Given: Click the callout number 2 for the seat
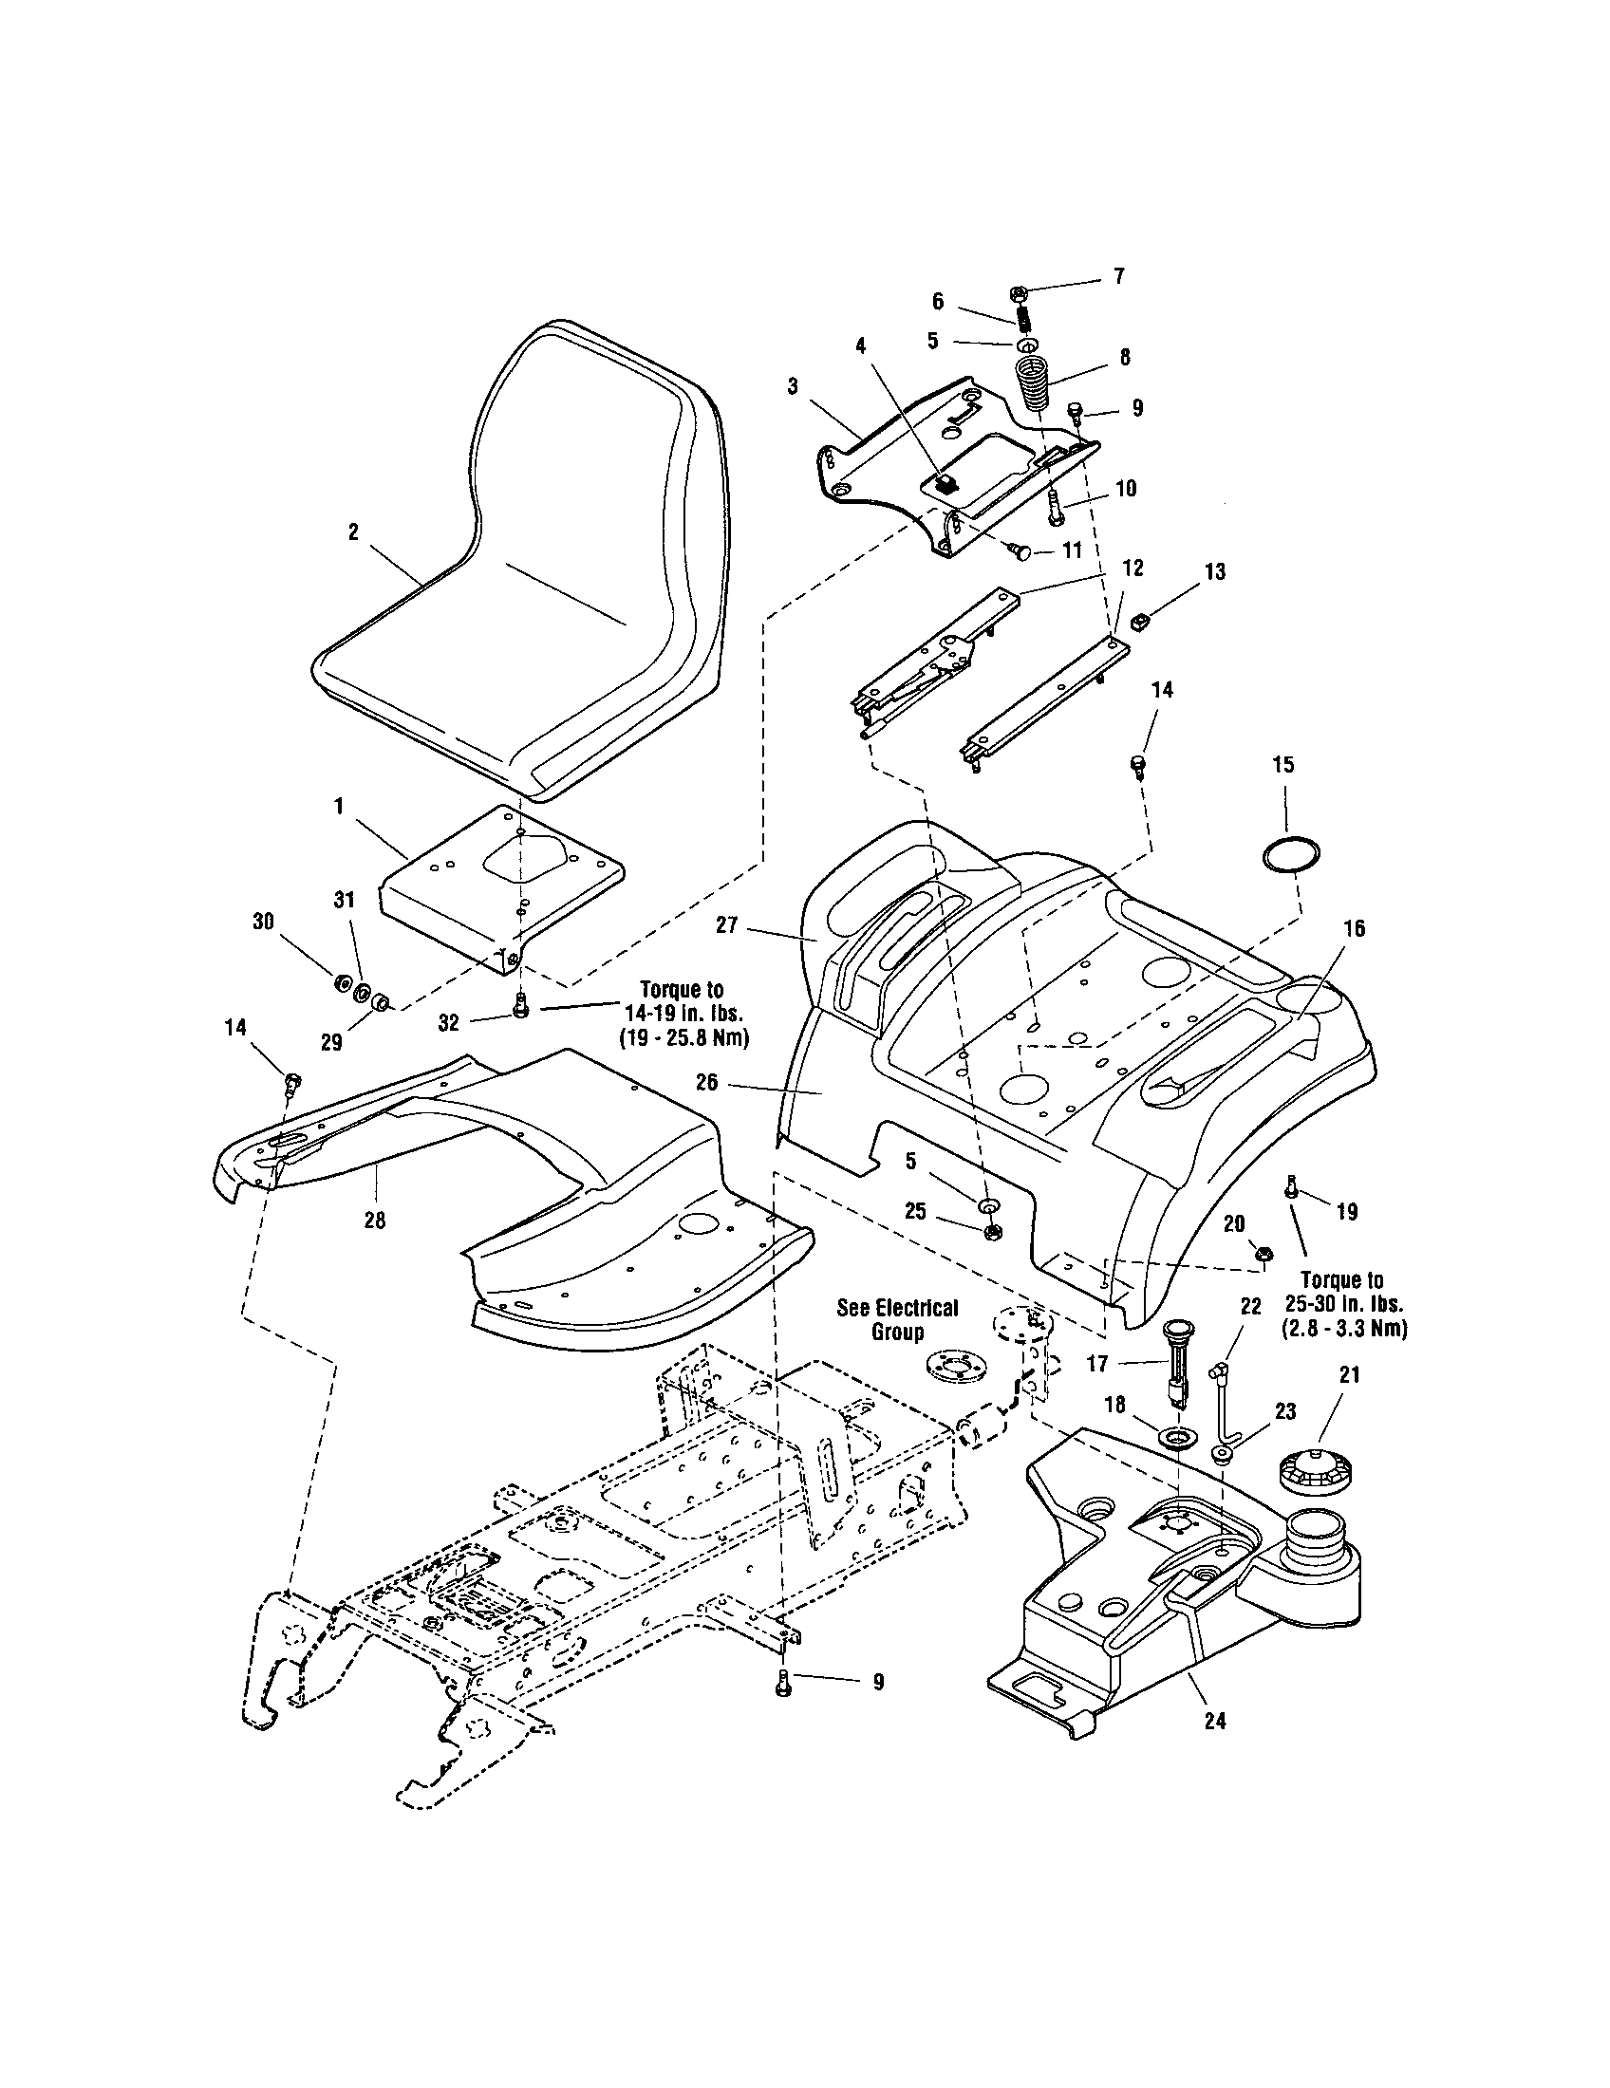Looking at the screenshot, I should coord(353,532).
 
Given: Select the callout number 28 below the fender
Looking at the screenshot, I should coord(375,1221).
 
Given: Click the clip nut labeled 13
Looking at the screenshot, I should coord(1137,624).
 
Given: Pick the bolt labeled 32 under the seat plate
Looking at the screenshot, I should coord(521,1006).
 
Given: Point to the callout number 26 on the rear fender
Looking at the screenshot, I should coord(734,1084).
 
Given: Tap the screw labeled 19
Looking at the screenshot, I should coord(1292,1187).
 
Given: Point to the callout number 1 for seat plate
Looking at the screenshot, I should coord(339,807).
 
